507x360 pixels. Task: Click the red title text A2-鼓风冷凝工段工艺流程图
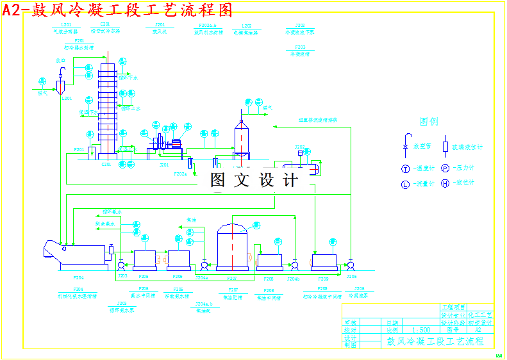point(117,10)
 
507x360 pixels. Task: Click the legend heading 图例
point(429,122)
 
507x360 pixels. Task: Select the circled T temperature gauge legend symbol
point(405,168)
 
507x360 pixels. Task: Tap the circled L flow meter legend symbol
point(405,184)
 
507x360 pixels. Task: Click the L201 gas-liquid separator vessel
point(60,86)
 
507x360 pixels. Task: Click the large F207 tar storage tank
point(233,247)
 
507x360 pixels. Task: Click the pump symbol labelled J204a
point(204,265)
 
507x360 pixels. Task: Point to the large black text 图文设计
point(254,181)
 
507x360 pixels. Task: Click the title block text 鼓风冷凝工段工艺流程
point(435,341)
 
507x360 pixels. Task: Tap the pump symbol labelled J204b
point(294,265)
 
